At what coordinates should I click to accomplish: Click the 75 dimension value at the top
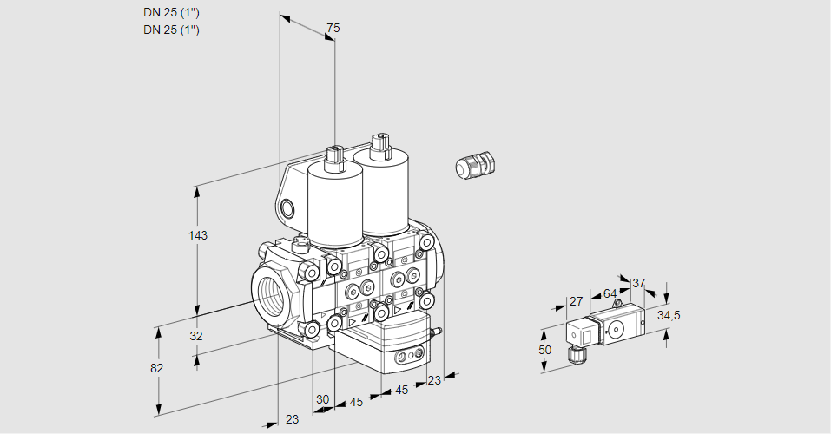(332, 29)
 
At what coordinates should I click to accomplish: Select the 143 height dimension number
(200, 235)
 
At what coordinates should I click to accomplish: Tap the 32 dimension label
(196, 336)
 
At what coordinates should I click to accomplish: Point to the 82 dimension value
(157, 368)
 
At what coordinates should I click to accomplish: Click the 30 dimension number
(323, 399)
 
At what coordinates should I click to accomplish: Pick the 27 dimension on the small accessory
(575, 301)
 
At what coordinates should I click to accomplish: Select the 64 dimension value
(610, 293)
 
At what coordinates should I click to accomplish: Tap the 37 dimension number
(639, 283)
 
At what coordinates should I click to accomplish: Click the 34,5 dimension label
(669, 315)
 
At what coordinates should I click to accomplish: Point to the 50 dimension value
(544, 350)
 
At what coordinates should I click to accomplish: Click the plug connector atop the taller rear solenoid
(378, 143)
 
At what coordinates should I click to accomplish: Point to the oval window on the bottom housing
(406, 357)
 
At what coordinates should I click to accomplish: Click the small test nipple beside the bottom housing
(438, 331)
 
